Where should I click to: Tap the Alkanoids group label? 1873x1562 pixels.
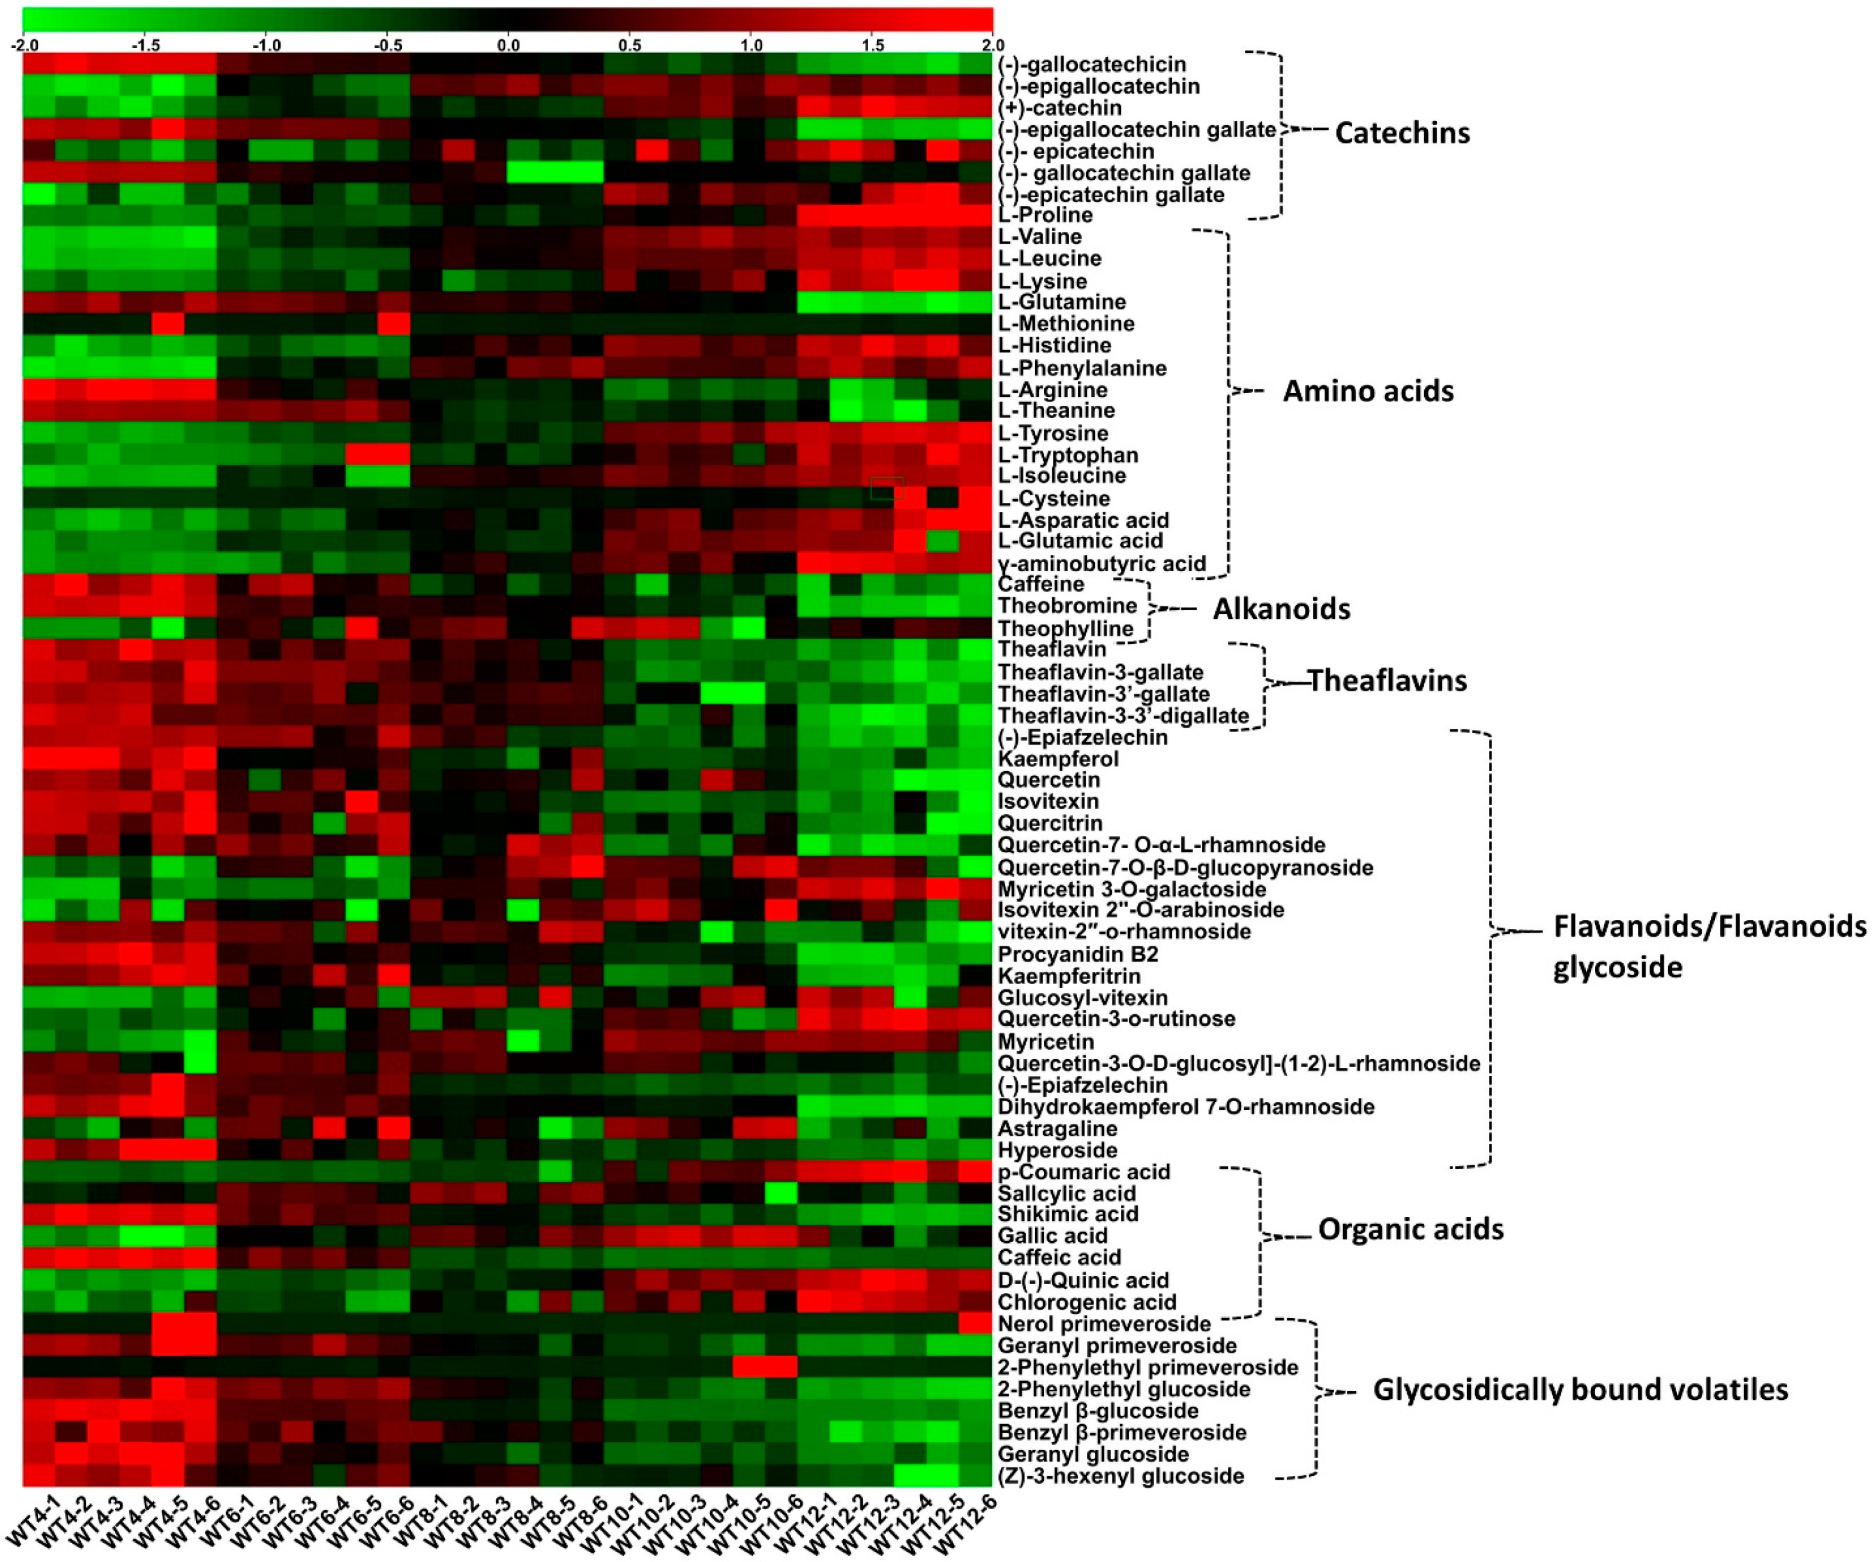coord(1281,609)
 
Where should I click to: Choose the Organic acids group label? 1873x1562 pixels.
coord(1410,1229)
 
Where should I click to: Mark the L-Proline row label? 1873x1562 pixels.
coord(1044,215)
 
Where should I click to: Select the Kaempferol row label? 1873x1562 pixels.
coord(1058,759)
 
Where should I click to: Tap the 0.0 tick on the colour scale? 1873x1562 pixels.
coord(509,45)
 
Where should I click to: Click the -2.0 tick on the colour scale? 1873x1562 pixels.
coord(24,45)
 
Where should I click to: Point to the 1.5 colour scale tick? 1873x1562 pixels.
coord(872,45)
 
